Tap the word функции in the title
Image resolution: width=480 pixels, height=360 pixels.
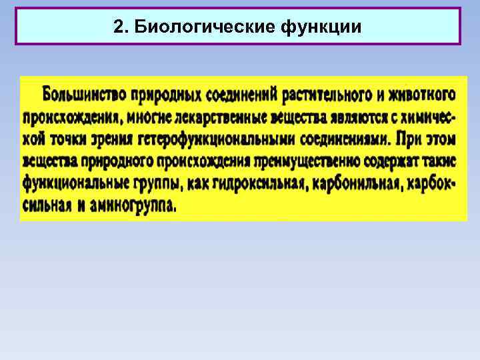(x=322, y=27)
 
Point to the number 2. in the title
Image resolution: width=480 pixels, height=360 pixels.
(x=121, y=27)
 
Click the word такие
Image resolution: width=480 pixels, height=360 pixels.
(x=441, y=161)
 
